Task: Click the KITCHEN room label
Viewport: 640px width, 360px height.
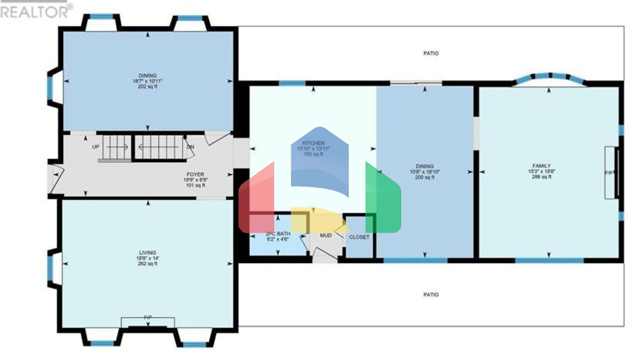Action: click(313, 143)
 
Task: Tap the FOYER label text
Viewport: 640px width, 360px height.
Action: click(195, 175)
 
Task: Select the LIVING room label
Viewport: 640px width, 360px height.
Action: click(147, 253)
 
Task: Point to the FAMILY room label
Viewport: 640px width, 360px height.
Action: click(541, 166)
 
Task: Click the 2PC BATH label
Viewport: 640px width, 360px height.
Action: click(278, 234)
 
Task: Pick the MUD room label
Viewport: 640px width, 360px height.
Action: click(326, 236)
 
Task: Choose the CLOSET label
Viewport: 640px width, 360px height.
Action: click(359, 237)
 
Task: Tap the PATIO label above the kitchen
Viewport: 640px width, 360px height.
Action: click(431, 53)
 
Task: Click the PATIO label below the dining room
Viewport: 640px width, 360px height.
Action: click(431, 295)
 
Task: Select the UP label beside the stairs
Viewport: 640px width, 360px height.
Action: click(95, 147)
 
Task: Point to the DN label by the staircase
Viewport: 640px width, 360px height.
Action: click(190, 147)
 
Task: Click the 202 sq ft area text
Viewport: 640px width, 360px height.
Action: click(147, 87)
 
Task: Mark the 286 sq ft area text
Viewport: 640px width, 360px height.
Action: click(541, 177)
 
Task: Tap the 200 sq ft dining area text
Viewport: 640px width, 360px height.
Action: click(425, 177)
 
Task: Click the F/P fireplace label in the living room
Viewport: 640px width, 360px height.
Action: click(148, 318)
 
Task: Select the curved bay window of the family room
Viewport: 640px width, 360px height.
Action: click(550, 77)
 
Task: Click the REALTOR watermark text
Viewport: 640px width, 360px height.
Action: click(36, 12)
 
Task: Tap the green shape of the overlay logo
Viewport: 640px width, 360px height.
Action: click(383, 200)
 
